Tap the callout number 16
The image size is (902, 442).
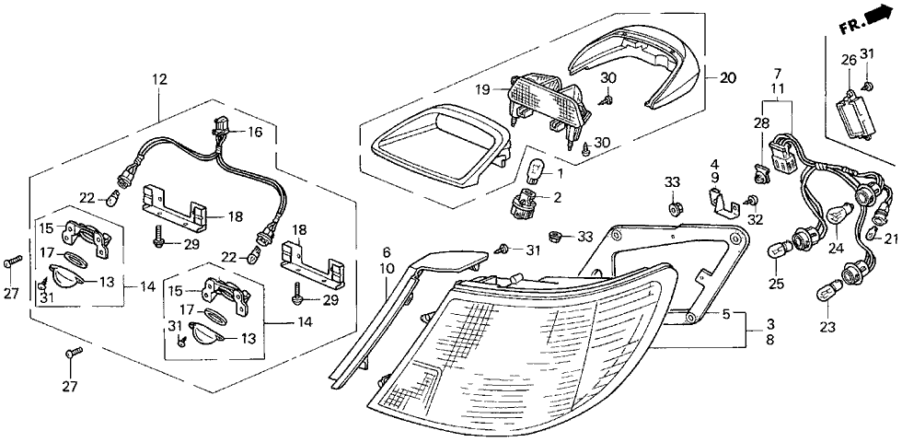coord(255,133)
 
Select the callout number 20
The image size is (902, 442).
coord(727,79)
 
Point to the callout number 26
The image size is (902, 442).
coord(847,61)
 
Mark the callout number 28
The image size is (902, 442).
coord(762,124)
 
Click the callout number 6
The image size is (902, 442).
coord(387,252)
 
